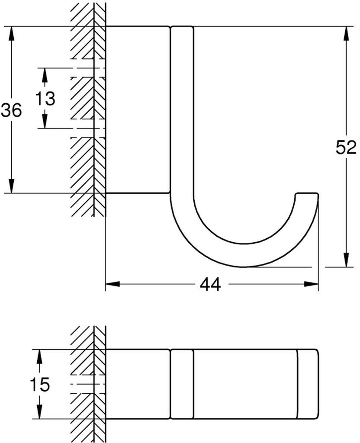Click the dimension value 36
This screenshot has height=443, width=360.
coord(11,111)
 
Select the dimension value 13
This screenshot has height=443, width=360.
coord(45,99)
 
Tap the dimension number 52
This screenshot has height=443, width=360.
coord(346,148)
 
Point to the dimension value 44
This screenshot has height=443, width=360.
coord(210,285)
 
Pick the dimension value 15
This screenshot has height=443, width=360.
coord(40,384)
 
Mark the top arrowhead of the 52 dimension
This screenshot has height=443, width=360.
coord(346,32)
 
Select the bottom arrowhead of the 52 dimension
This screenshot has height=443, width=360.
coord(346,261)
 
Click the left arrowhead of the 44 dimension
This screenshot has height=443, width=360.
coord(112,284)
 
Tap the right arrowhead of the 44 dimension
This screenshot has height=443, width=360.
coord(312,284)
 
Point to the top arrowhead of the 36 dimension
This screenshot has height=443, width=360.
coord(12,32)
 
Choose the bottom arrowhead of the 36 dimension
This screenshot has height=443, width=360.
coord(12,187)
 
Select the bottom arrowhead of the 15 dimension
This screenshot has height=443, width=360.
coord(39,413)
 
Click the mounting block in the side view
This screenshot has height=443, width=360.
coord(137,109)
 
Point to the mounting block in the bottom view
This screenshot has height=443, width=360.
coord(137,383)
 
